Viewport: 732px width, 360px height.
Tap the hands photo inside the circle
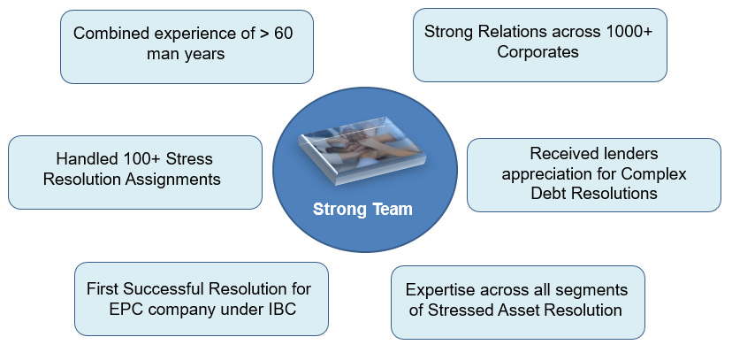364,160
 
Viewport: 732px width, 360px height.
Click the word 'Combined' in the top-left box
108,34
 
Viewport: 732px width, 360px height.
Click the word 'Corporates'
538,52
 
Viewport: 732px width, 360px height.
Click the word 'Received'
563,154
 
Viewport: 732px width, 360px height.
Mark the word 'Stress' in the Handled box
188,160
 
